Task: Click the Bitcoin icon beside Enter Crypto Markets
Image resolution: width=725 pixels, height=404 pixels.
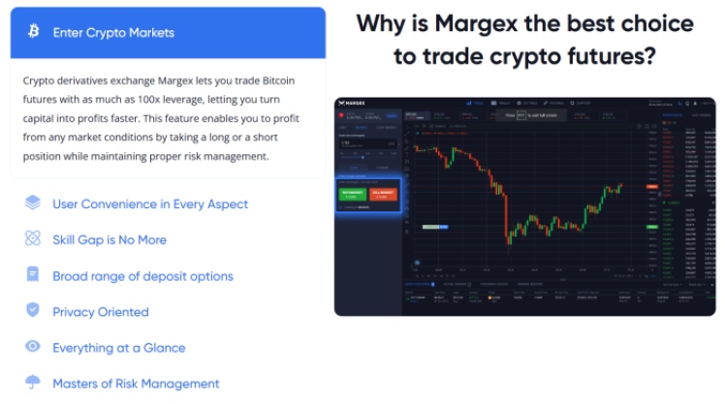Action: pyautogui.click(x=34, y=33)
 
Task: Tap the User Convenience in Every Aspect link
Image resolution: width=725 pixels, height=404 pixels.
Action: pyautogui.click(x=149, y=204)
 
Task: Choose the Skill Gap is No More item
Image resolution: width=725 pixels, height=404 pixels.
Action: pyautogui.click(x=109, y=240)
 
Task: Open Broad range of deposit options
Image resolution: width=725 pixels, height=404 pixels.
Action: pyautogui.click(x=142, y=276)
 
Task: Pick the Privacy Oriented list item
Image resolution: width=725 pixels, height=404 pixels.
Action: pyautogui.click(x=100, y=312)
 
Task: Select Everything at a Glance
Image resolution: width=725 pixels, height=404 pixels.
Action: pyautogui.click(x=118, y=348)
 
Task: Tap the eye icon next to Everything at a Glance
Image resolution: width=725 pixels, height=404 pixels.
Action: pyautogui.click(x=33, y=347)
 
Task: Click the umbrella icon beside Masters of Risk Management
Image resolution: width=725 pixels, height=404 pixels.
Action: pyautogui.click(x=33, y=383)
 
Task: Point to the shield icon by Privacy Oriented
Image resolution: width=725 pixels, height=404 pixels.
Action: pyautogui.click(x=33, y=311)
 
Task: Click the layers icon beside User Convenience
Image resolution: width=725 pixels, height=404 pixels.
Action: pyautogui.click(x=33, y=203)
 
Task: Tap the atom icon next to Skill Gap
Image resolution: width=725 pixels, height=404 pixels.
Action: pyautogui.click(x=33, y=239)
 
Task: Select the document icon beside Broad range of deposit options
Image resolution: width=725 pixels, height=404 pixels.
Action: pyautogui.click(x=33, y=275)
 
